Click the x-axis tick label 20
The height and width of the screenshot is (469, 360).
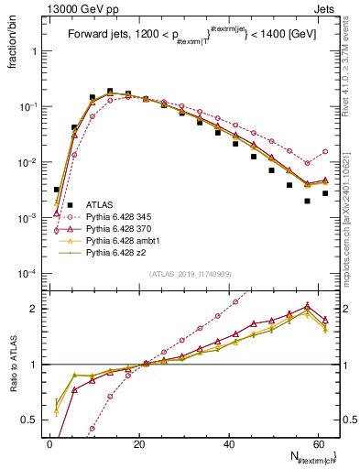[139, 443]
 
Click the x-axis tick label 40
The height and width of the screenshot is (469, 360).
[229, 443]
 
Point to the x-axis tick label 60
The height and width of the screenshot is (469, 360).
[318, 443]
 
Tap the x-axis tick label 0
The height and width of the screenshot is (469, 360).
[50, 443]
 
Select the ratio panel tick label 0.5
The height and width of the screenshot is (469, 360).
[33, 420]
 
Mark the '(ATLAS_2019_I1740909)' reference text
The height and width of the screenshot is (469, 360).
[189, 274]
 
